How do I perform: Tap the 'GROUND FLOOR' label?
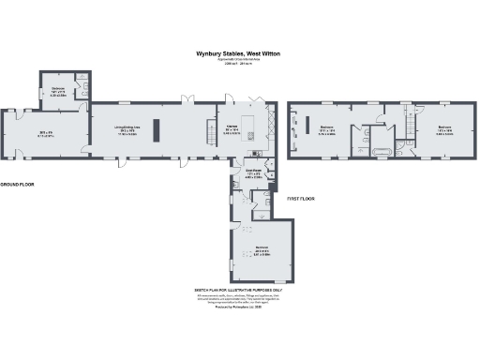tap(17, 185)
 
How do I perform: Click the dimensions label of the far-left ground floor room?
tap(45, 136)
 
